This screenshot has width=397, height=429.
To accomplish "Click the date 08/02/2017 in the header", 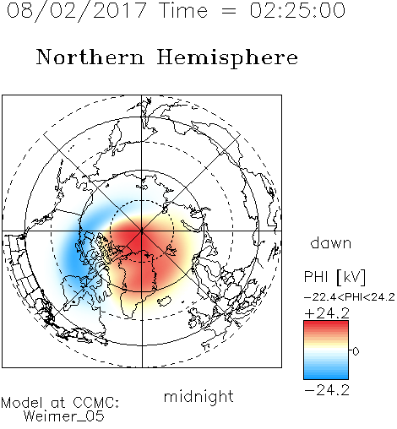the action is pos(77,10).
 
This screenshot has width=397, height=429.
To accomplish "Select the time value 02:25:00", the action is pos(297,10).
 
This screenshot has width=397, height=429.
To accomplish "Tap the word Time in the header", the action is pos(183,10).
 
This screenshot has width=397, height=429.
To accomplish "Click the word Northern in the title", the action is pos(90,57).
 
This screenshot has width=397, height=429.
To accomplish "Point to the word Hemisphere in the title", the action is pos(227,58).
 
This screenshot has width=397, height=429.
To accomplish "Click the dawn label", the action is pos(331,242).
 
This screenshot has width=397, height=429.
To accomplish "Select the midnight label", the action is pos(198,396).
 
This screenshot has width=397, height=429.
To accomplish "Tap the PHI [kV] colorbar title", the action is pos(334,277).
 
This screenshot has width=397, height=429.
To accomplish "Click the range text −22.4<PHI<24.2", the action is pos(350,297).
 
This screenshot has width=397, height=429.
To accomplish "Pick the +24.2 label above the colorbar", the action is pos(327,313).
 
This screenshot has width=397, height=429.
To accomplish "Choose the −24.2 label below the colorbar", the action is pos(327,390).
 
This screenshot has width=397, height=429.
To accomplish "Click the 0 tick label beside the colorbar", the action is pos(356,351).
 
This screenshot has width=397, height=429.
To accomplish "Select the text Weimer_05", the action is pos(64,416).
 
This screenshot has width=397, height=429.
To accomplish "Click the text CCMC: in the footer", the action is pos(95,403).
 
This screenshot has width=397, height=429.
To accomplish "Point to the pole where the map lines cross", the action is pos(142,231).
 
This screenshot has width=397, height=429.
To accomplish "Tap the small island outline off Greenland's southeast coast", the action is pos(164,301).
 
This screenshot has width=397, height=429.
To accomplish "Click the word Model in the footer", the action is pos(22,403).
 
